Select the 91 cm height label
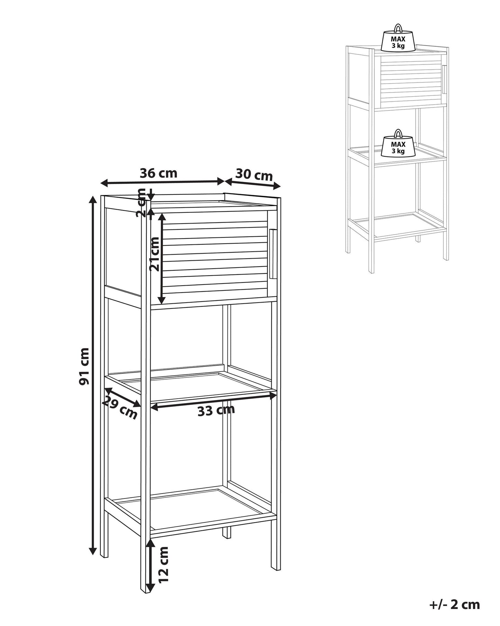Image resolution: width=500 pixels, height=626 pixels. coord(84,366)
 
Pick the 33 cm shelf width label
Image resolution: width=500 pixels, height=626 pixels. coord(216,410)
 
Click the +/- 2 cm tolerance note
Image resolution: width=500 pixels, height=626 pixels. coord(455,595)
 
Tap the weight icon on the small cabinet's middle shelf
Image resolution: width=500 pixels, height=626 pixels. coord(398,142)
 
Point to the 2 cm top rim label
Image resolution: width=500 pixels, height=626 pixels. coord(142,203)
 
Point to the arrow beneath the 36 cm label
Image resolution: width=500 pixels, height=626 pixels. coord(162,181)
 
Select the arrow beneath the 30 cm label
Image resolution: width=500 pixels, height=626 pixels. coord(253,184)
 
